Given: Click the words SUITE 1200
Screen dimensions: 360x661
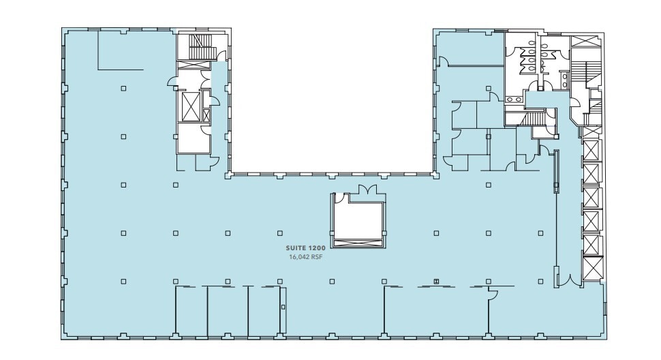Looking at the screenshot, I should point(305,250).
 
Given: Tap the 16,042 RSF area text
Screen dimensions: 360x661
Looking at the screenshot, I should point(305,257).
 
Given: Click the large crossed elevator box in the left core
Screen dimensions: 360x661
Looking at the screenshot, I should point(188,106).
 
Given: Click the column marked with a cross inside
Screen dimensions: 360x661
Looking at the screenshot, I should point(436,280).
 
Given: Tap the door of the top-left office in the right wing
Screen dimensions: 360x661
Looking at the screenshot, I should point(443,62).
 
